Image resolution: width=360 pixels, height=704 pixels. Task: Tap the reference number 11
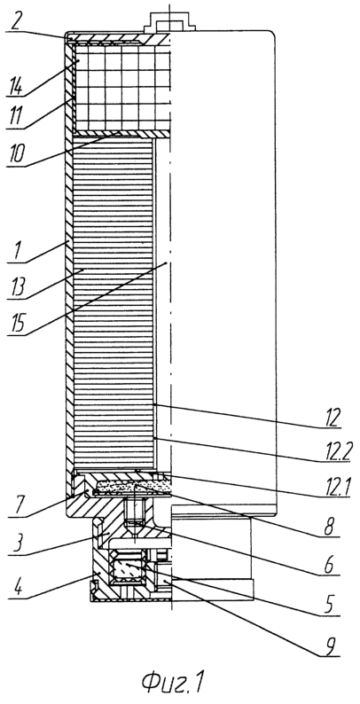(x=17, y=121)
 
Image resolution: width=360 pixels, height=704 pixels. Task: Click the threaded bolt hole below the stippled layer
(x=133, y=512)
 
